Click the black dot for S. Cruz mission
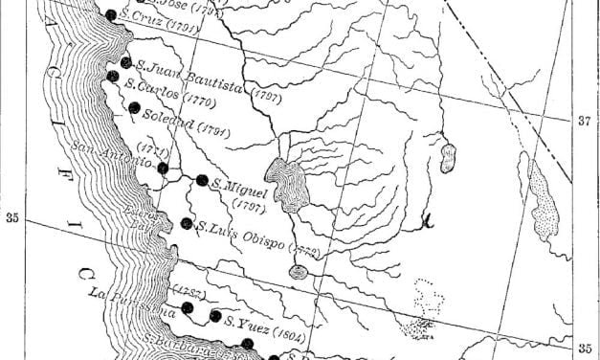point(111,14)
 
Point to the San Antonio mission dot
point(164,169)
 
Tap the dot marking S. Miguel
point(202,179)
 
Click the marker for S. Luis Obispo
point(186,224)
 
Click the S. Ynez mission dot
point(215,316)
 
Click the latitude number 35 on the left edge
point(12,216)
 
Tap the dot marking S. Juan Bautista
point(126,63)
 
